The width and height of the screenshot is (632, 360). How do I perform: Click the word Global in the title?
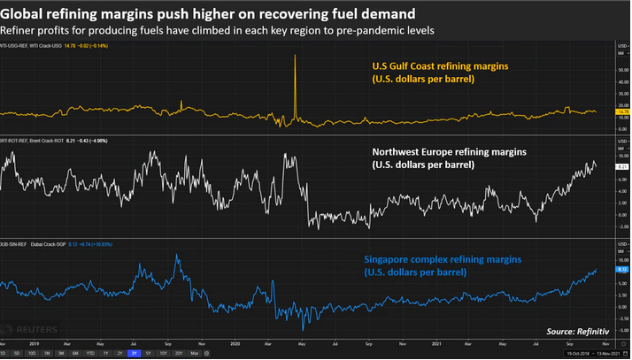[x=24, y=13]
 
